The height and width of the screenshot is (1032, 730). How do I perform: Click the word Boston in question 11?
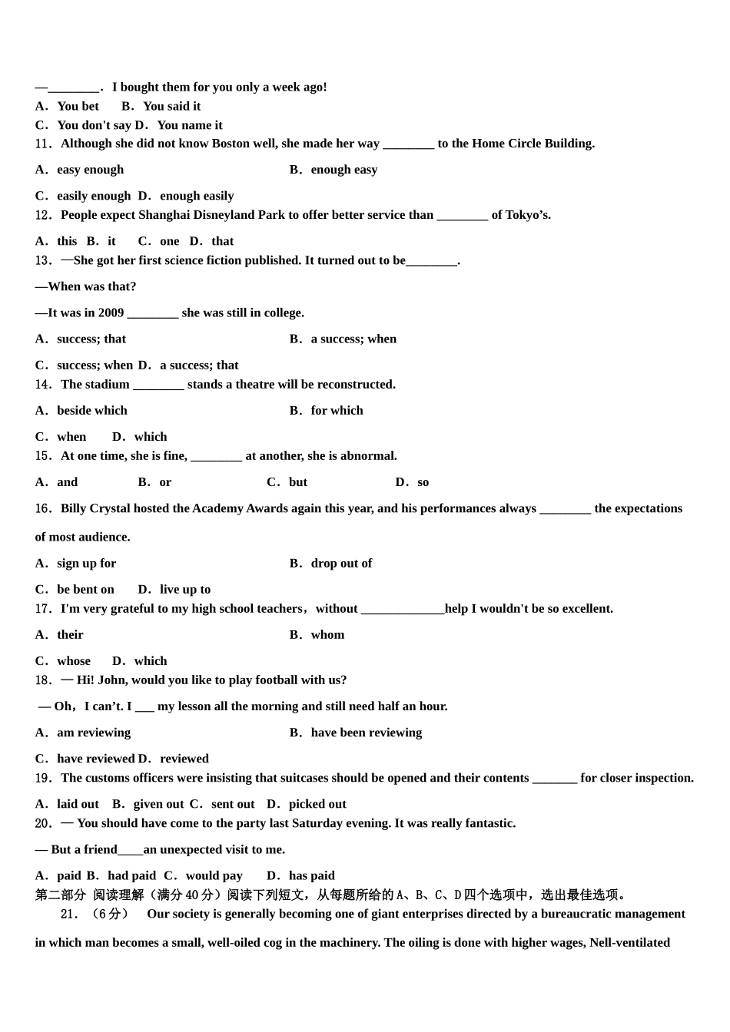coord(231,144)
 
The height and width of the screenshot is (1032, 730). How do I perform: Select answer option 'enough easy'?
coord(343,170)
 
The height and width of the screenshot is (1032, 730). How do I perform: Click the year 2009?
coord(111,313)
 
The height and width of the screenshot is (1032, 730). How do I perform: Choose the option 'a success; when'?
coord(353,339)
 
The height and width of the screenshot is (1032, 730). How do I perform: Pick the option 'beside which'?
coord(91,410)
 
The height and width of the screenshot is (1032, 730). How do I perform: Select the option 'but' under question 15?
coord(298,482)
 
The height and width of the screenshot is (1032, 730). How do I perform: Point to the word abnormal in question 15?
coord(368,456)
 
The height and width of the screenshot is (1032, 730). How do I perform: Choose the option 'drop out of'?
coord(341,564)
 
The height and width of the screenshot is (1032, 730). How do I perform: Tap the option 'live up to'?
coord(185,590)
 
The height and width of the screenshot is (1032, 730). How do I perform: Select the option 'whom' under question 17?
coord(327,635)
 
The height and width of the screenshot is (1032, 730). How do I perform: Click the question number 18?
coord(43,680)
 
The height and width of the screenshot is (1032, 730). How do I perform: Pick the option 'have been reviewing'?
coord(366,733)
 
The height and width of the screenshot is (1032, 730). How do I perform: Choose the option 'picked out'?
coord(317,804)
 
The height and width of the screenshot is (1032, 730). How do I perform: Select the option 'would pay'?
coord(214,875)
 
